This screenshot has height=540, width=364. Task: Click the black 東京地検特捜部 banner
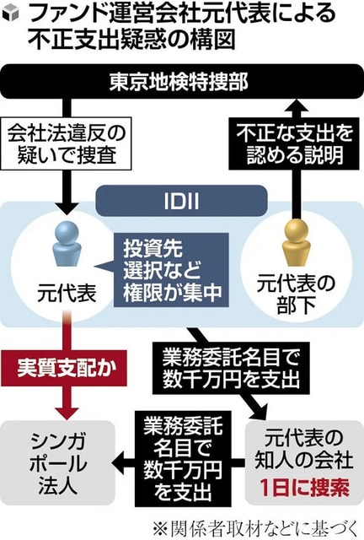click(x=182, y=82)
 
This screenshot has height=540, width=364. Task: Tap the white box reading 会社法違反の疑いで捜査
click(x=66, y=143)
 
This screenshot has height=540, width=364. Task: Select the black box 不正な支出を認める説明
click(x=294, y=143)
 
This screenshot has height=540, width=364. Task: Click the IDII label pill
click(x=181, y=201)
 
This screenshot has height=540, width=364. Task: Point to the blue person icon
click(x=67, y=243)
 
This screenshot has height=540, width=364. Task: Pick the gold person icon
click(x=296, y=243)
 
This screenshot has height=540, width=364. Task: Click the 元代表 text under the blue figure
click(x=67, y=294)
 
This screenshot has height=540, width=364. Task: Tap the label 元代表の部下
click(x=296, y=294)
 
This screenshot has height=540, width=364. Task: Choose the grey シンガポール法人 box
click(x=57, y=462)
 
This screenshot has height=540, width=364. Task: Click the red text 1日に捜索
click(x=304, y=488)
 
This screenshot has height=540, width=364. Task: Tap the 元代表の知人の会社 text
click(x=304, y=449)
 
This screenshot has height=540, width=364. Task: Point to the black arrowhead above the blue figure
click(x=67, y=208)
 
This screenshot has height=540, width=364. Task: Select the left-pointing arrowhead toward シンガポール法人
click(x=119, y=462)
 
